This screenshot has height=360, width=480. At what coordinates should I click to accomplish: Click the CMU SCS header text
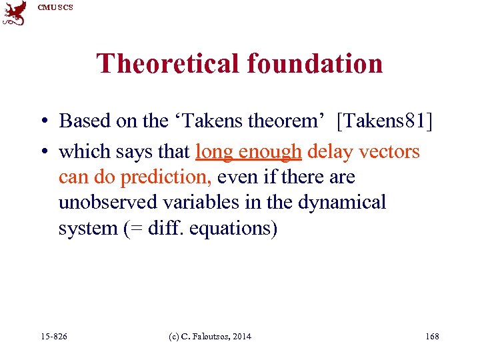point(55,7)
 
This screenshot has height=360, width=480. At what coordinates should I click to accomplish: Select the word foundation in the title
point(315,64)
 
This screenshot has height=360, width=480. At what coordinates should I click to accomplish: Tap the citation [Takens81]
point(385,121)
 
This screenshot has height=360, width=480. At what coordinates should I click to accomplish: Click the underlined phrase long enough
point(249,152)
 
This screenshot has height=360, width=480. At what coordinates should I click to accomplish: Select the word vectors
point(389,151)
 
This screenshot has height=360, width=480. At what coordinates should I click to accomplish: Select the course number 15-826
point(54,337)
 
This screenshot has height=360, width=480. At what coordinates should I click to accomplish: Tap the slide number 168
point(432,337)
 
